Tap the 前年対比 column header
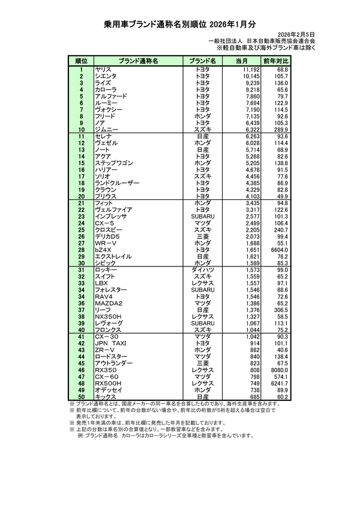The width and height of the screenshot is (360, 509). tap(276, 61)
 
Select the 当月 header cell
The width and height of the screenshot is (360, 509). tap(242, 61)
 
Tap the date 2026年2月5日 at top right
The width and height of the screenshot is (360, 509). tap(298, 35)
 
